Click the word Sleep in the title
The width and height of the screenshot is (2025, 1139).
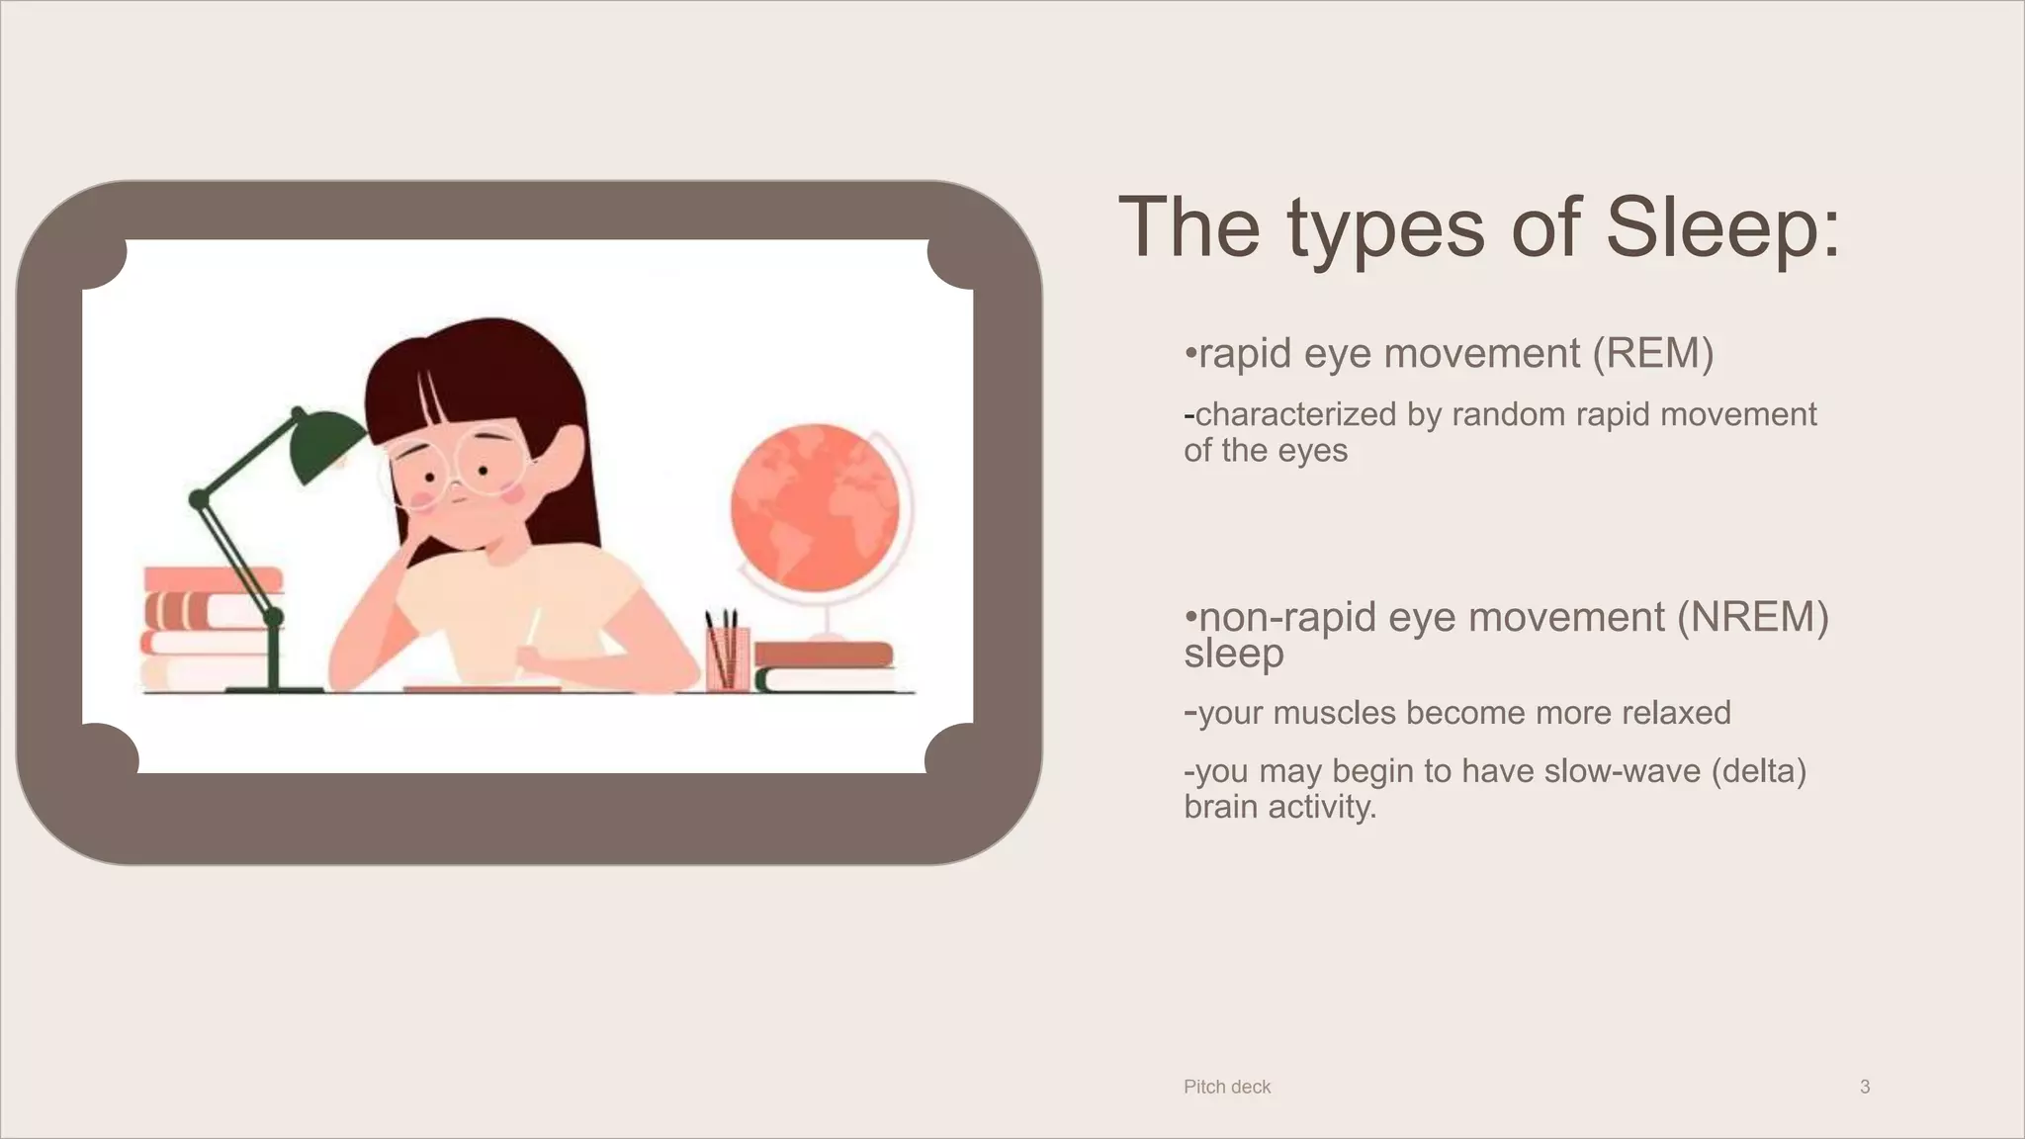coord(1721,228)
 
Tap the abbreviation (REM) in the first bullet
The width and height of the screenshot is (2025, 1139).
coord(1652,354)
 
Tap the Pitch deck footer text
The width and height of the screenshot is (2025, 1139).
coord(1226,1087)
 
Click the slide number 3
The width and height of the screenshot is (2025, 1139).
coord(1864,1087)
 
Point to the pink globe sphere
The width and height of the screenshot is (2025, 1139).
coord(813,506)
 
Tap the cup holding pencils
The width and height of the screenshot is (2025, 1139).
coord(727,657)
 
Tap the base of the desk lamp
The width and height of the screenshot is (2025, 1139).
coord(274,687)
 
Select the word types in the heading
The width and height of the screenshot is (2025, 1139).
coord(1385,228)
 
